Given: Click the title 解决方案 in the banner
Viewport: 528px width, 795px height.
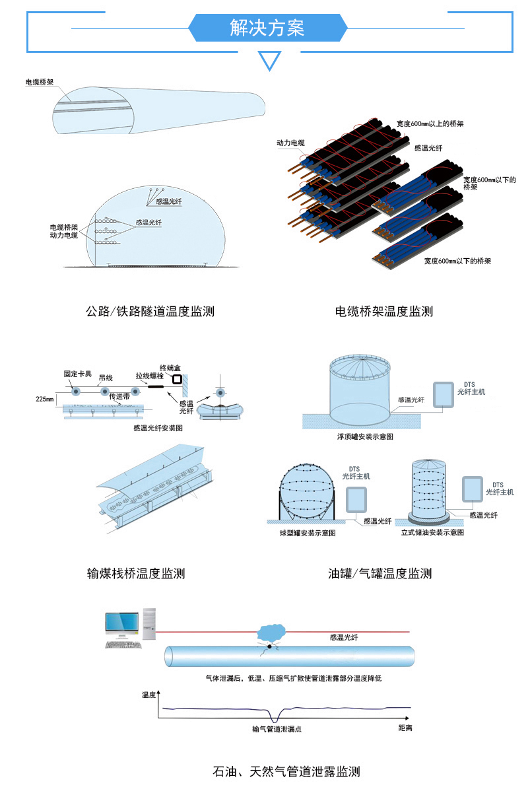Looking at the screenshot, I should [x=267, y=28].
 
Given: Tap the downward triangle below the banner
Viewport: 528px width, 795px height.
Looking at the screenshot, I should [x=269, y=61].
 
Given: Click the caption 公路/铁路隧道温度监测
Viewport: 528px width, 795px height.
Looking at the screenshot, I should [x=150, y=310].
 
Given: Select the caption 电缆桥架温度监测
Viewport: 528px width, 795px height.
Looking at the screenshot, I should [x=384, y=310].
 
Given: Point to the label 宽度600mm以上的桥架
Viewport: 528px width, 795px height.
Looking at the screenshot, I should [x=430, y=123].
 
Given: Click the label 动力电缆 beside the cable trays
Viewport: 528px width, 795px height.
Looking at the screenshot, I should [x=290, y=143].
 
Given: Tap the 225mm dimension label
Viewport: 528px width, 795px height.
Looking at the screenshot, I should [x=45, y=399].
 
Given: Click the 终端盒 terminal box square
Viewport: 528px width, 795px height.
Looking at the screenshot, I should [x=176, y=380].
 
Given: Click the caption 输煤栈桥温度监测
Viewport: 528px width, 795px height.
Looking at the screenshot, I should [x=136, y=573].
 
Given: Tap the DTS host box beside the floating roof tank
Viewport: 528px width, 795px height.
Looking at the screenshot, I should [x=442, y=394].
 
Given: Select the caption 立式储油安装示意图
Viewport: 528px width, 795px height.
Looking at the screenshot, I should [x=432, y=532].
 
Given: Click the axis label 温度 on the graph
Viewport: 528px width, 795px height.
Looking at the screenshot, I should [x=148, y=695].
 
